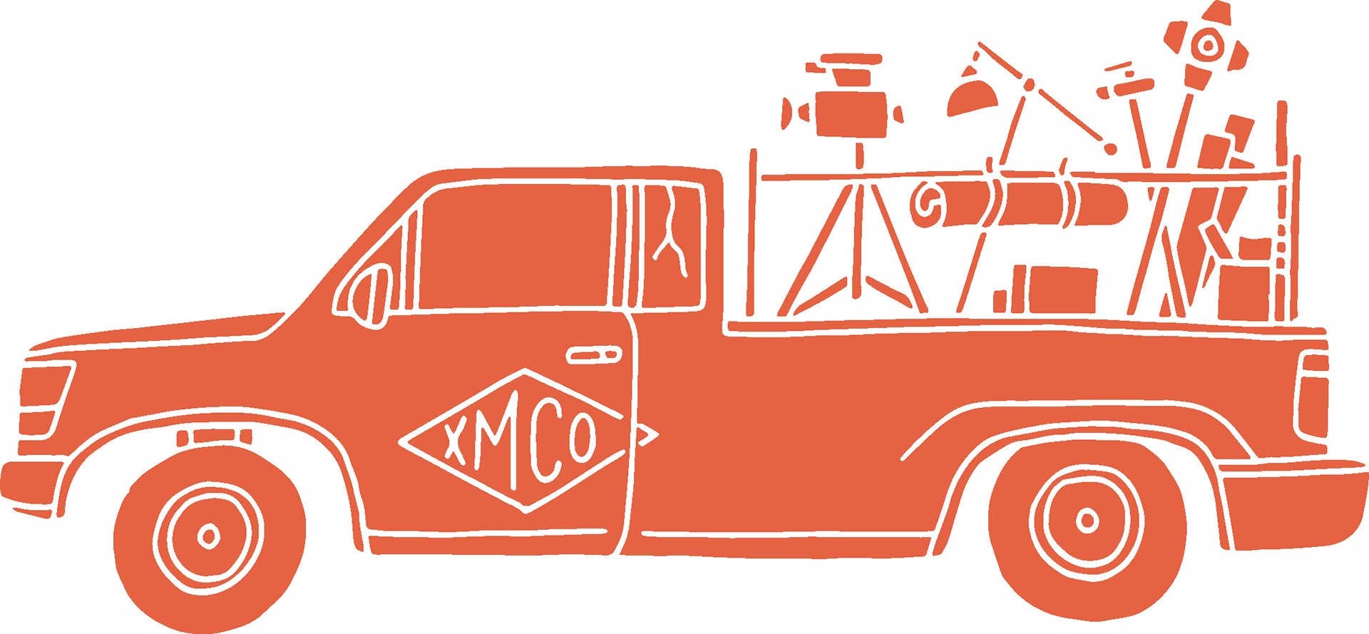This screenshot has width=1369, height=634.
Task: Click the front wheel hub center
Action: [209, 535]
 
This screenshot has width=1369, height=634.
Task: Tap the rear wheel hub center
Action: [1087, 521]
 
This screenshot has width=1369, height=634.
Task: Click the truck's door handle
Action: [593, 354]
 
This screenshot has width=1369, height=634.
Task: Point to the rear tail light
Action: [1313, 396]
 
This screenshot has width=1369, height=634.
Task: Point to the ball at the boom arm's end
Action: [1110, 150]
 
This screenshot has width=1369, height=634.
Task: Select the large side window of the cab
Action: [513, 246]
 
